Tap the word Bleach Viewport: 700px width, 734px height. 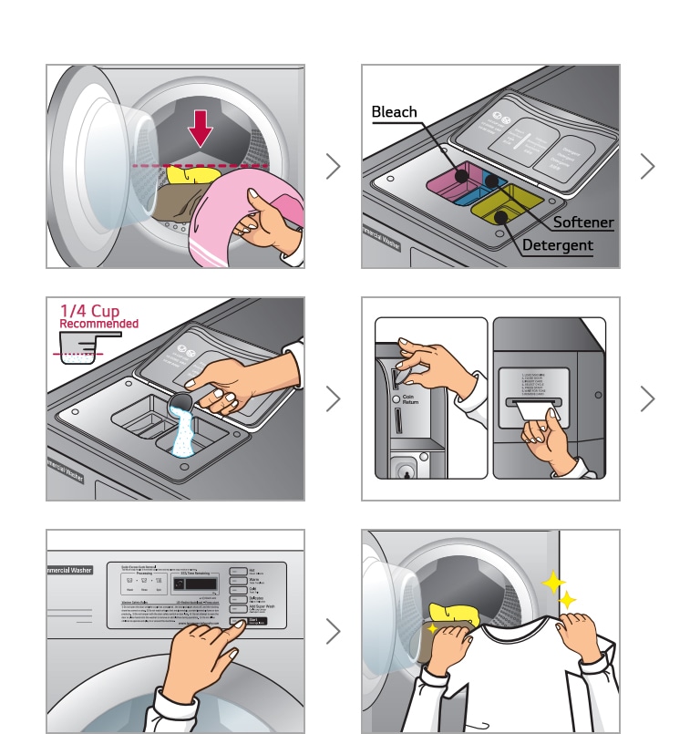point(394,112)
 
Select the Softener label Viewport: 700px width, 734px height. point(583,222)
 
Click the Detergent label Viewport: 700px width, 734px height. point(558,245)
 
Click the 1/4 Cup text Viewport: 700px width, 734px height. point(89,311)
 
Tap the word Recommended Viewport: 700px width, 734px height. point(98,324)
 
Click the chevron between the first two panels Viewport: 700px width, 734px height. point(334,166)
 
